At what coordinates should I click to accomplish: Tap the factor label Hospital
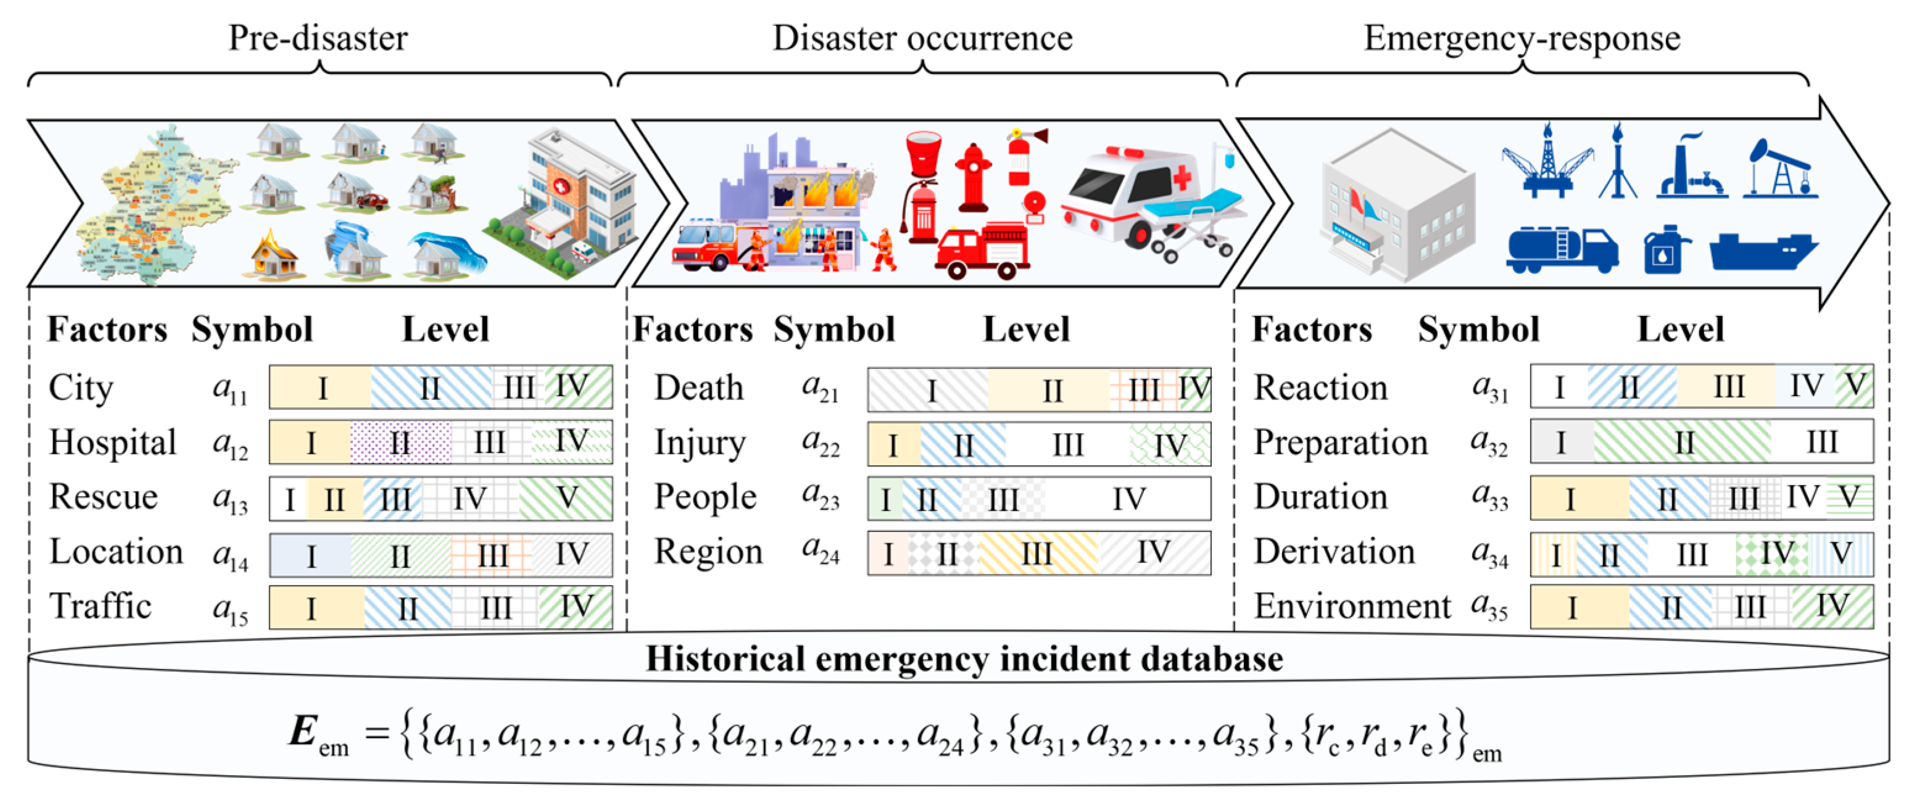coord(113,443)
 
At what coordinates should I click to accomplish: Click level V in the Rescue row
coord(567,498)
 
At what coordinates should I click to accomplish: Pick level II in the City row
coord(430,388)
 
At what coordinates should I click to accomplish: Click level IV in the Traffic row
coord(576,607)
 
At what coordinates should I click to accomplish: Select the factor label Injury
coord(700,443)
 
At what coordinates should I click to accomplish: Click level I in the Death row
coord(931,391)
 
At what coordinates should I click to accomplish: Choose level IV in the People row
coord(1128,499)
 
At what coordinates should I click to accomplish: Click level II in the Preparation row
coord(1684,443)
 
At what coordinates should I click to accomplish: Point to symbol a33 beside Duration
coord(1489,498)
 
